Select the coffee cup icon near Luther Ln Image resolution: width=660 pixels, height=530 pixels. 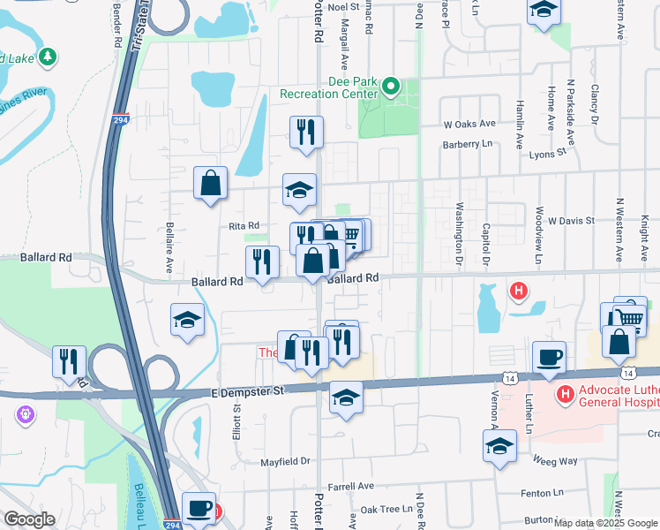point(549,357)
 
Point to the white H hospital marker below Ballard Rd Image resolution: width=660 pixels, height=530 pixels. point(520,289)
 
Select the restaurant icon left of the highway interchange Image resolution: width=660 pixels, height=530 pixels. point(69,360)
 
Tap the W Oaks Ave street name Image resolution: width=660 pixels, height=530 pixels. point(470,125)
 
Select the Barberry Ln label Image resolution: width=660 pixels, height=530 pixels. point(469,144)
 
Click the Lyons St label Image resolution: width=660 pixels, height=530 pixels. point(547,152)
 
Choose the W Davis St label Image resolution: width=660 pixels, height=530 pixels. point(571,219)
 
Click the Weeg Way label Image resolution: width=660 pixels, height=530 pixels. point(555,460)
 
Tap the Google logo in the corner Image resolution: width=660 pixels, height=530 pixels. point(30,519)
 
